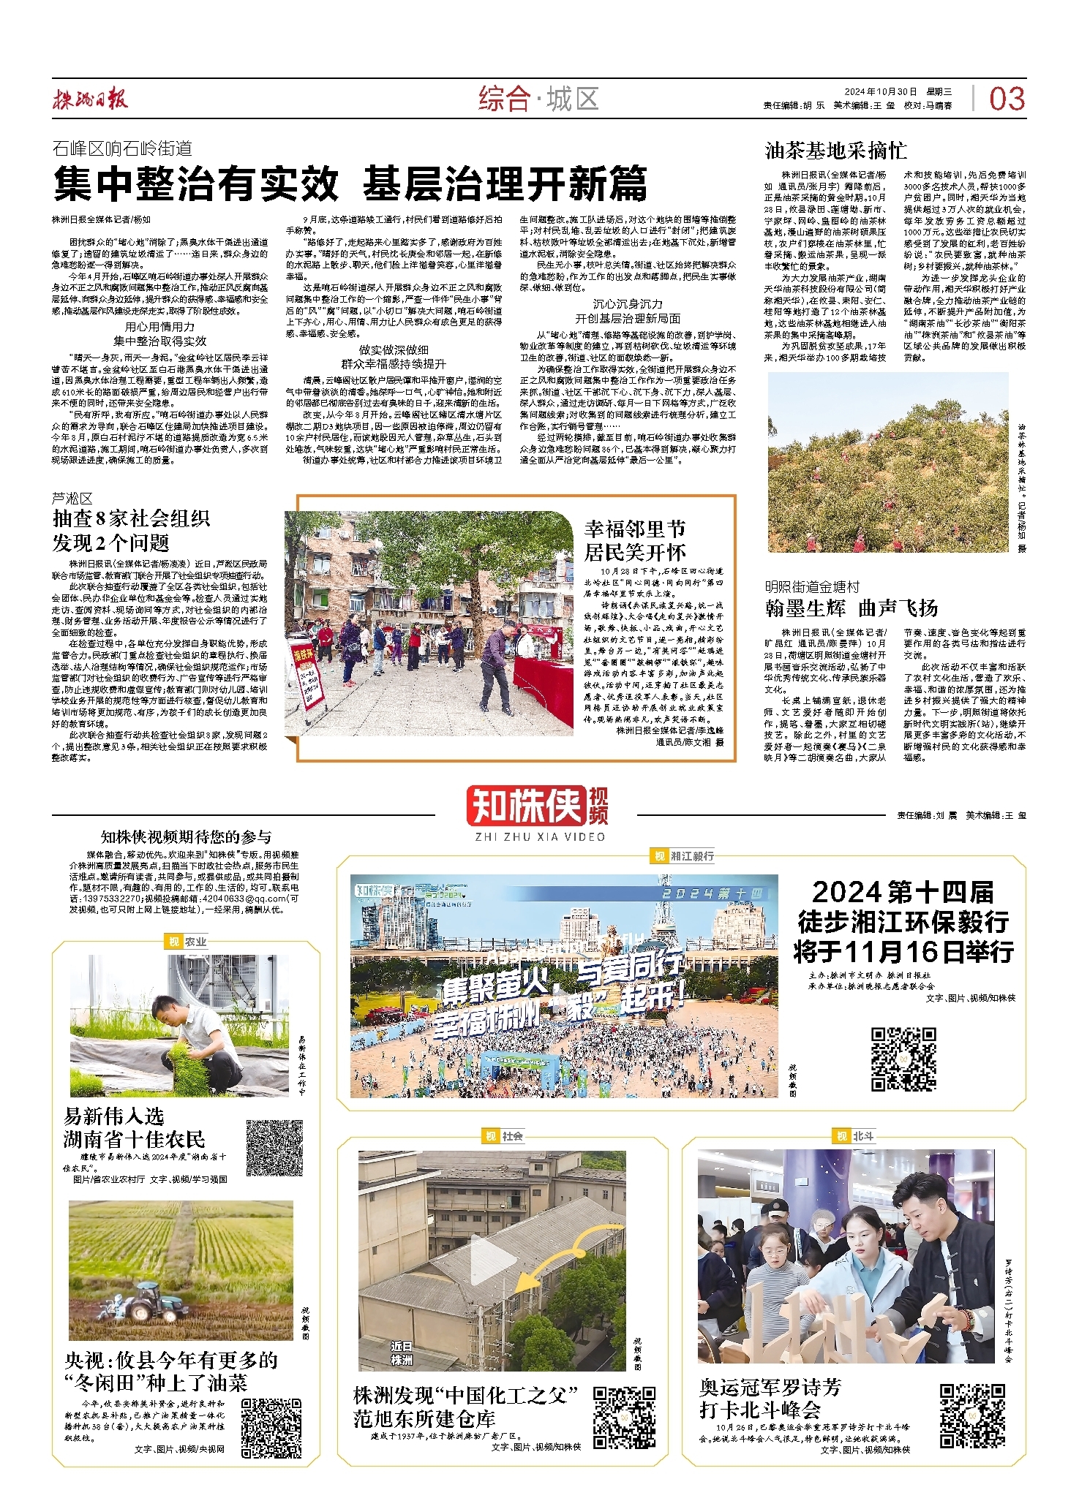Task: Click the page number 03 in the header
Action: pos(1007,99)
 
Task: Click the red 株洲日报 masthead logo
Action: pos(90,99)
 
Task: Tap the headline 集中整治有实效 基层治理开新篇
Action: pos(350,183)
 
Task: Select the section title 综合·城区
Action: pos(538,99)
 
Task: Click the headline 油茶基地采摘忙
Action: pos(836,151)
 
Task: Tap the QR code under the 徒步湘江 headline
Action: pos(903,1059)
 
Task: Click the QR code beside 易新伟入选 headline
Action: pos(274,1147)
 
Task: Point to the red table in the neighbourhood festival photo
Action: pos(543,681)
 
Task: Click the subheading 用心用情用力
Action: pos(159,327)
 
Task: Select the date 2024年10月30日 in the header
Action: pos(880,92)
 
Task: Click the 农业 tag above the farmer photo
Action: pos(187,942)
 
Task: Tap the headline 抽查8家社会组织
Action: pos(132,518)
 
